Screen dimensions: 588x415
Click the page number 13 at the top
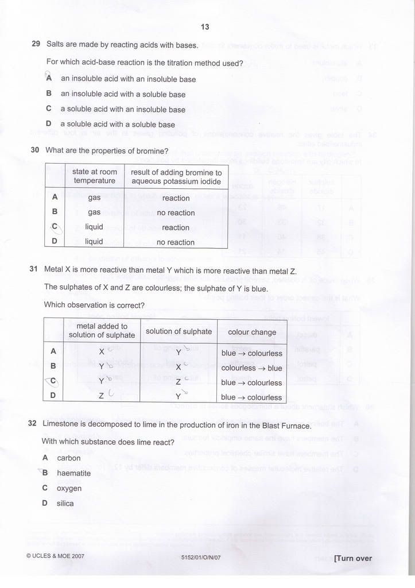(x=205, y=27)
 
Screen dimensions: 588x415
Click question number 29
(x=36, y=44)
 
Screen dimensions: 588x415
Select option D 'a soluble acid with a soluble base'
(x=117, y=124)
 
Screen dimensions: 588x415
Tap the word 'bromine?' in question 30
(x=152, y=151)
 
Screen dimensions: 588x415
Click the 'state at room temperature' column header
(x=95, y=176)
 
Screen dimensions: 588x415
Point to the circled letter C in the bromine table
(x=55, y=227)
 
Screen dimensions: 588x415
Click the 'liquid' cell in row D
(x=94, y=242)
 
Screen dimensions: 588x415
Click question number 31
(x=34, y=271)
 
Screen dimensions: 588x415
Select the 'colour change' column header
(x=252, y=332)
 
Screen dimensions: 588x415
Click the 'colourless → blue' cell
(x=251, y=368)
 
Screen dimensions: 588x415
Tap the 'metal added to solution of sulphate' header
(x=102, y=331)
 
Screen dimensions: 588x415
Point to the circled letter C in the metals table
(x=53, y=381)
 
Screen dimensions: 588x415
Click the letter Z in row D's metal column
(x=101, y=396)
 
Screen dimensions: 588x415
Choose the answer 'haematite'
(x=73, y=473)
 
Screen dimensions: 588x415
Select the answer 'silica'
(x=65, y=504)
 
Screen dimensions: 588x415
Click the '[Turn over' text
(x=352, y=558)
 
